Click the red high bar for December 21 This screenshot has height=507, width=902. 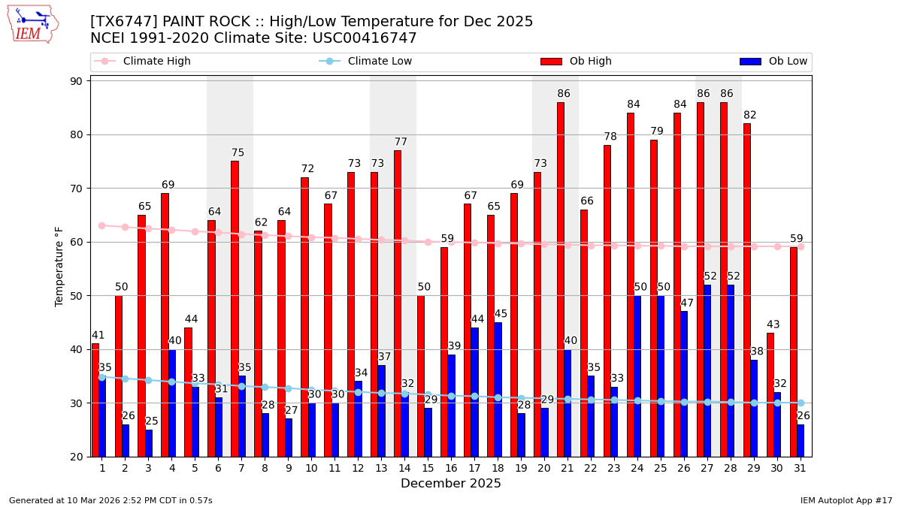[x=561, y=279]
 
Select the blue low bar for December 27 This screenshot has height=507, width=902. [x=707, y=370]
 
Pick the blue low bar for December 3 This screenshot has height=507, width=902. [x=149, y=443]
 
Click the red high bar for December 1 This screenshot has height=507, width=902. [x=95, y=400]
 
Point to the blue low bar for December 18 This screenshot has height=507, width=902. [x=498, y=389]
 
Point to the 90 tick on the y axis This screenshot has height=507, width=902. [x=77, y=81]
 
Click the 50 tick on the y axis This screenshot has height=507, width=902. [x=77, y=296]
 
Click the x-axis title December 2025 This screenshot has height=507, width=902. [x=451, y=484]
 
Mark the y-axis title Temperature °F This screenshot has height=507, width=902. [x=60, y=266]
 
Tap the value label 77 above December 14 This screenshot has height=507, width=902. [x=401, y=142]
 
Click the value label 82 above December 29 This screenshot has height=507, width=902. [x=749, y=115]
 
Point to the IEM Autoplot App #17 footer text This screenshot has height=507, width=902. [x=846, y=500]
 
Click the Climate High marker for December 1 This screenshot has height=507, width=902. [x=102, y=225]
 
